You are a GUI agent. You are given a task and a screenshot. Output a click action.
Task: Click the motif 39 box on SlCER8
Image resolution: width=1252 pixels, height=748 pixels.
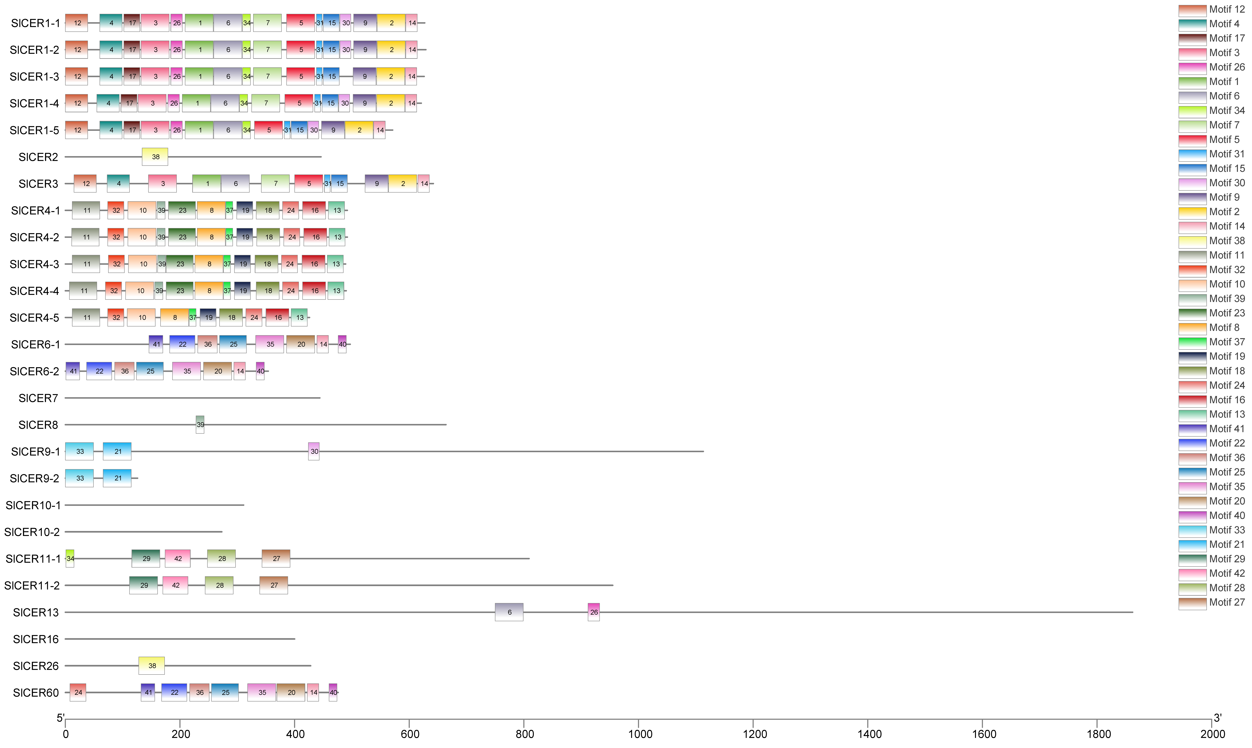(200, 424)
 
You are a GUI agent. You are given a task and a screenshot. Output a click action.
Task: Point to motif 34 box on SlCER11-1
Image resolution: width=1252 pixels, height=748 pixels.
(70, 559)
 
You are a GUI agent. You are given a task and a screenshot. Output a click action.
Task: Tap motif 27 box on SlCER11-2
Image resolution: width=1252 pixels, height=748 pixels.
(274, 585)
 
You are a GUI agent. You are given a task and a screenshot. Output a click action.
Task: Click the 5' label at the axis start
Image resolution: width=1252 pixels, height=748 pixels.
(60, 718)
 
